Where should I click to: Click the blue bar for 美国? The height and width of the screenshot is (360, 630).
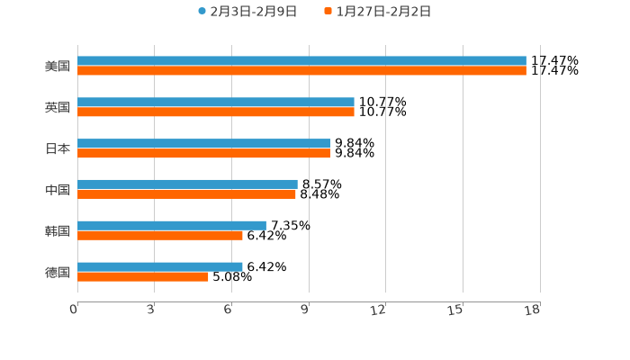click(301, 61)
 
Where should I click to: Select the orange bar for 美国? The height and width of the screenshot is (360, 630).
click(301, 71)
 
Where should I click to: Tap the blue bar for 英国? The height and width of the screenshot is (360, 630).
click(216, 103)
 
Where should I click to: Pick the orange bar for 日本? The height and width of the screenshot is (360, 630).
click(203, 154)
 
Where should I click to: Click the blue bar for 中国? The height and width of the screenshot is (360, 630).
click(187, 184)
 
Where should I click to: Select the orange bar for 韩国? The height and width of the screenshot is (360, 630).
click(160, 236)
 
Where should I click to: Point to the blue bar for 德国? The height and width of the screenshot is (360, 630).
click(160, 266)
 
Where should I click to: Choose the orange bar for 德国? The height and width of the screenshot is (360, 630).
click(143, 277)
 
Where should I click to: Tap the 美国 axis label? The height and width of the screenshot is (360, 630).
click(58, 67)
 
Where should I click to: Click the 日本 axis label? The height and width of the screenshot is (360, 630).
click(58, 149)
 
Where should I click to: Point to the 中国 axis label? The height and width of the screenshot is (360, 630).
click(58, 190)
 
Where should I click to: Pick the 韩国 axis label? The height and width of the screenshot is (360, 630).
click(58, 231)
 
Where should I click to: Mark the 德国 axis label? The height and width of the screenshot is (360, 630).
click(58, 273)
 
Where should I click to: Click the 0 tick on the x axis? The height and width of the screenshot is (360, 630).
click(75, 310)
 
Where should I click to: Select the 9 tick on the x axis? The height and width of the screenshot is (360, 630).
click(305, 310)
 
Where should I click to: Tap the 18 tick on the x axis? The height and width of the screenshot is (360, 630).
click(533, 310)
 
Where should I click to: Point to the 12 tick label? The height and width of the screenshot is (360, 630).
click(379, 310)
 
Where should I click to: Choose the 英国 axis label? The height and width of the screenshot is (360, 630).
click(58, 108)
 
